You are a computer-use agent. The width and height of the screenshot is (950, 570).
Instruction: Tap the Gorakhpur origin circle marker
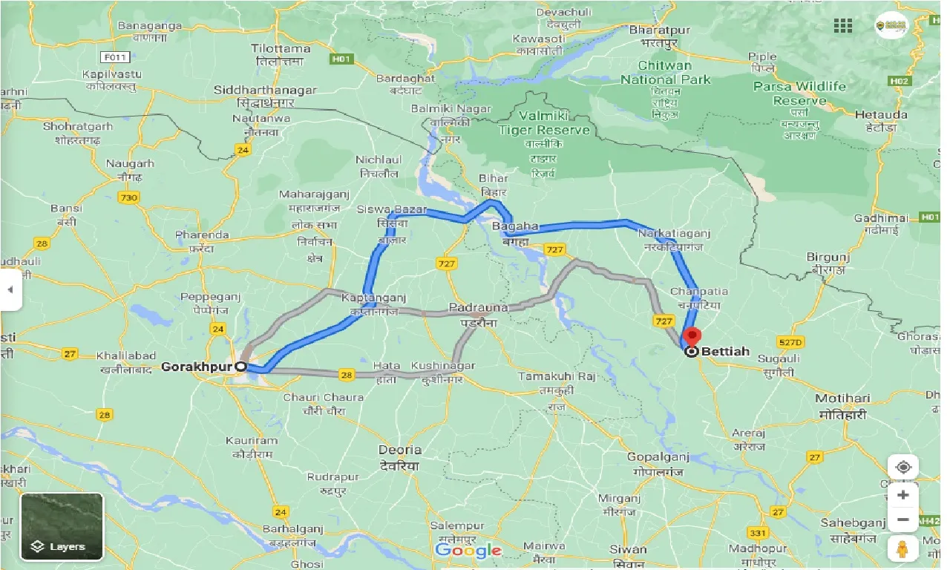click(x=240, y=367)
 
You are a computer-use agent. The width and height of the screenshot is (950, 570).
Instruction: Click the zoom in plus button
click(x=902, y=495)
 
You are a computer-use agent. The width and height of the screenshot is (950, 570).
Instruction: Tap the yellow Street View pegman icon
click(x=902, y=548)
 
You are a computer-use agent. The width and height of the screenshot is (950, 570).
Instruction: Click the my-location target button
click(x=902, y=467)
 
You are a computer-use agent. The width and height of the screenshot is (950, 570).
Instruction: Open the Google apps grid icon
click(x=842, y=26)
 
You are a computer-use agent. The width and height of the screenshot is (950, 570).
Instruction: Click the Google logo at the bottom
click(x=468, y=550)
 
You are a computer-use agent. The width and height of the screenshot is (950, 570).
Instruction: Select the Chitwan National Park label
click(x=665, y=73)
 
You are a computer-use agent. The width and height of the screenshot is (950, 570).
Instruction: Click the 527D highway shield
click(x=790, y=342)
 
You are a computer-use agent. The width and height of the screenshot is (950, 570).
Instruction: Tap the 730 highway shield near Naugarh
click(x=128, y=197)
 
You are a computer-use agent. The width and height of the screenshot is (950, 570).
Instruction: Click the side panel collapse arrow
click(x=10, y=289)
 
